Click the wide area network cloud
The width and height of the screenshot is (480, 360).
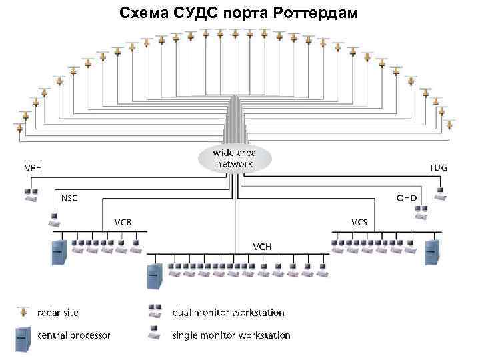point(233,158)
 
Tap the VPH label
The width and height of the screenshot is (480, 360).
point(33,167)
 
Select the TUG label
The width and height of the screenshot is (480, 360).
point(437,167)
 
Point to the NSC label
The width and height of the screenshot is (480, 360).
point(70,198)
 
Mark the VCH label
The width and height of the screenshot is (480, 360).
point(261,246)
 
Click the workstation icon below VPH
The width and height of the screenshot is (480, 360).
point(30,194)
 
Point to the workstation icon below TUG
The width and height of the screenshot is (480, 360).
point(439,193)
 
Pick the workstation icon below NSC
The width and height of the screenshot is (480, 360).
point(54,217)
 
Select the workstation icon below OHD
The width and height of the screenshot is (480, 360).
point(421,212)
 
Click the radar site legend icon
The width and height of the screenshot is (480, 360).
point(25,311)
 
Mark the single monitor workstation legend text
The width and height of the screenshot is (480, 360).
point(231,335)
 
